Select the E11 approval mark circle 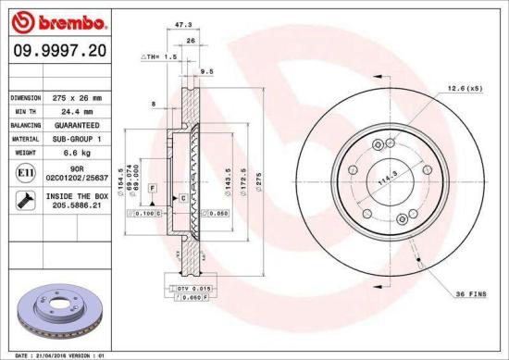point(22,172)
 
